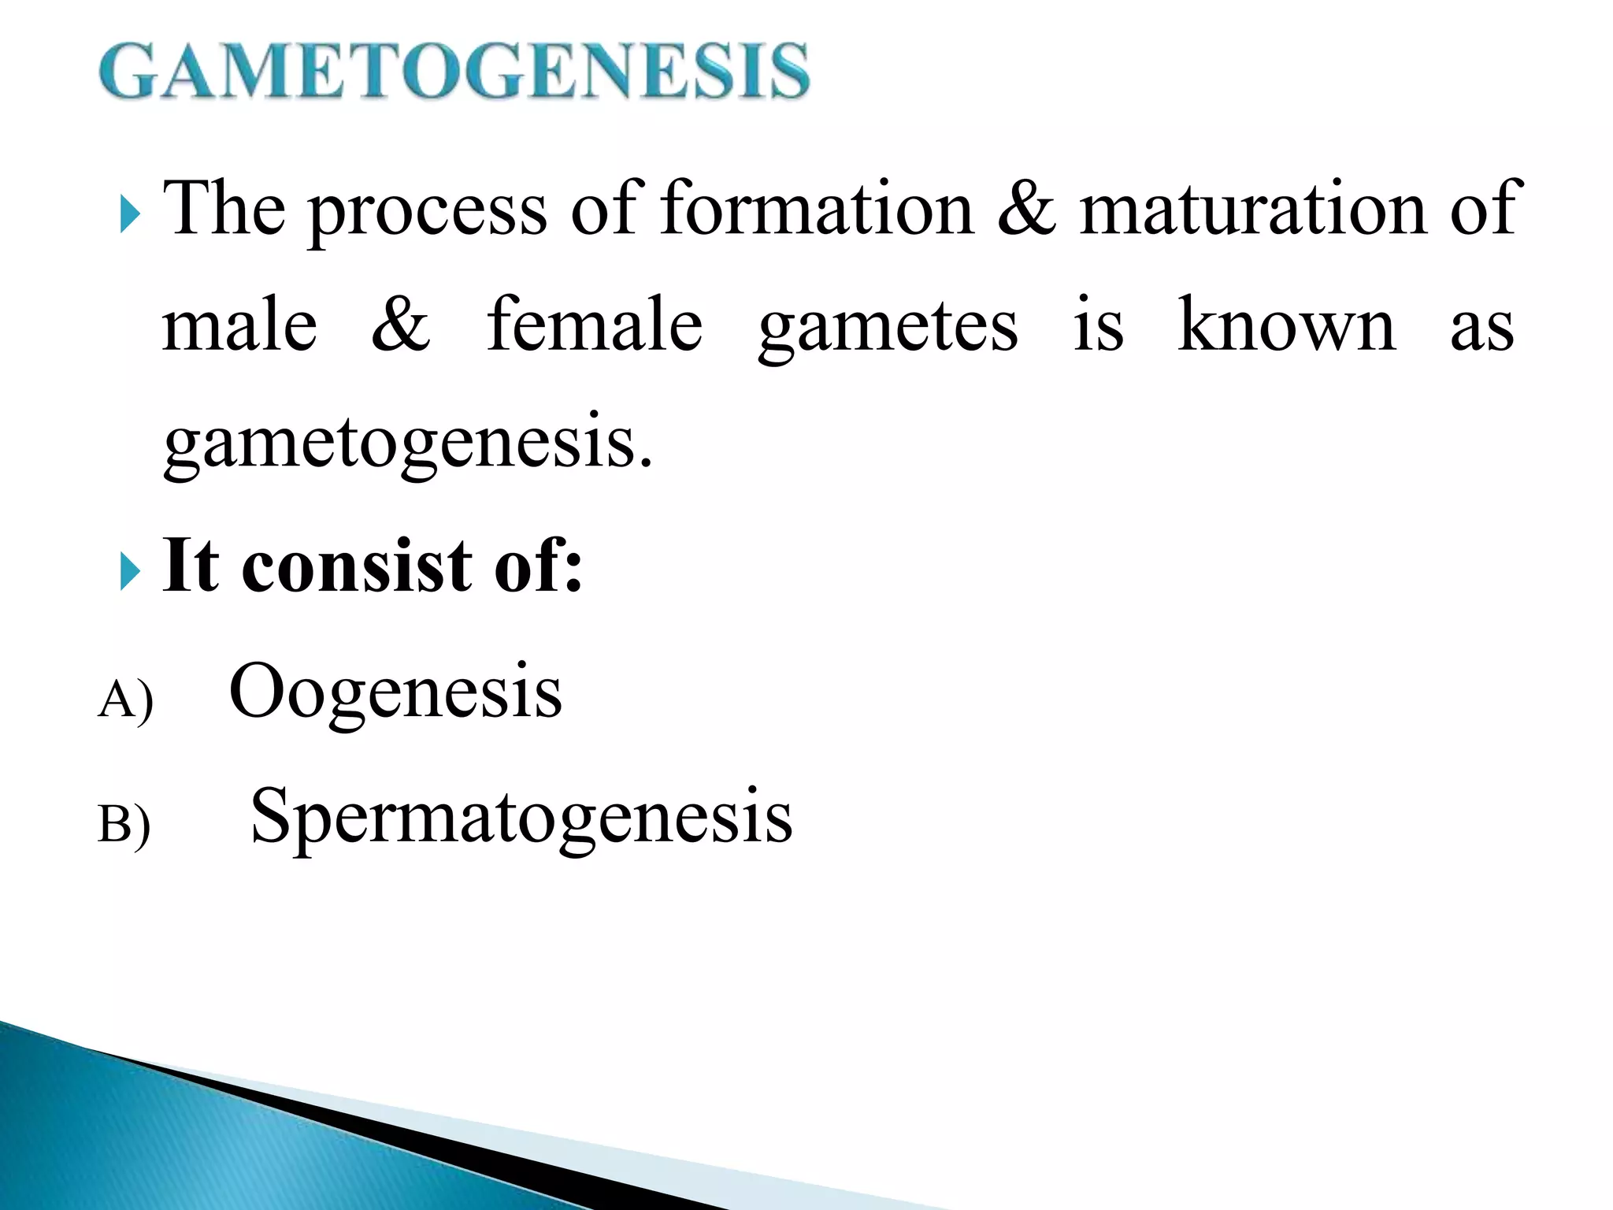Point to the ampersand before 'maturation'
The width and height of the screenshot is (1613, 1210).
pyautogui.click(x=1025, y=208)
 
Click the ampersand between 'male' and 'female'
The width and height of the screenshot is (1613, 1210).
pyautogui.click(x=401, y=325)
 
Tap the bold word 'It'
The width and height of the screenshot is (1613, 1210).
pyautogui.click(x=190, y=565)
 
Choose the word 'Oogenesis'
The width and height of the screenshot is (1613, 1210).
pyautogui.click(x=395, y=692)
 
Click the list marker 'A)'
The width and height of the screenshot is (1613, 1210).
pyautogui.click(x=125, y=700)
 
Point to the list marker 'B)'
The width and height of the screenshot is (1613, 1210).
pyautogui.click(x=124, y=826)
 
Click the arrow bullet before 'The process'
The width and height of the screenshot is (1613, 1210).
pyautogui.click(x=130, y=215)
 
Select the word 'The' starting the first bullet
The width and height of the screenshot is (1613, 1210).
pyautogui.click(x=224, y=208)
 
